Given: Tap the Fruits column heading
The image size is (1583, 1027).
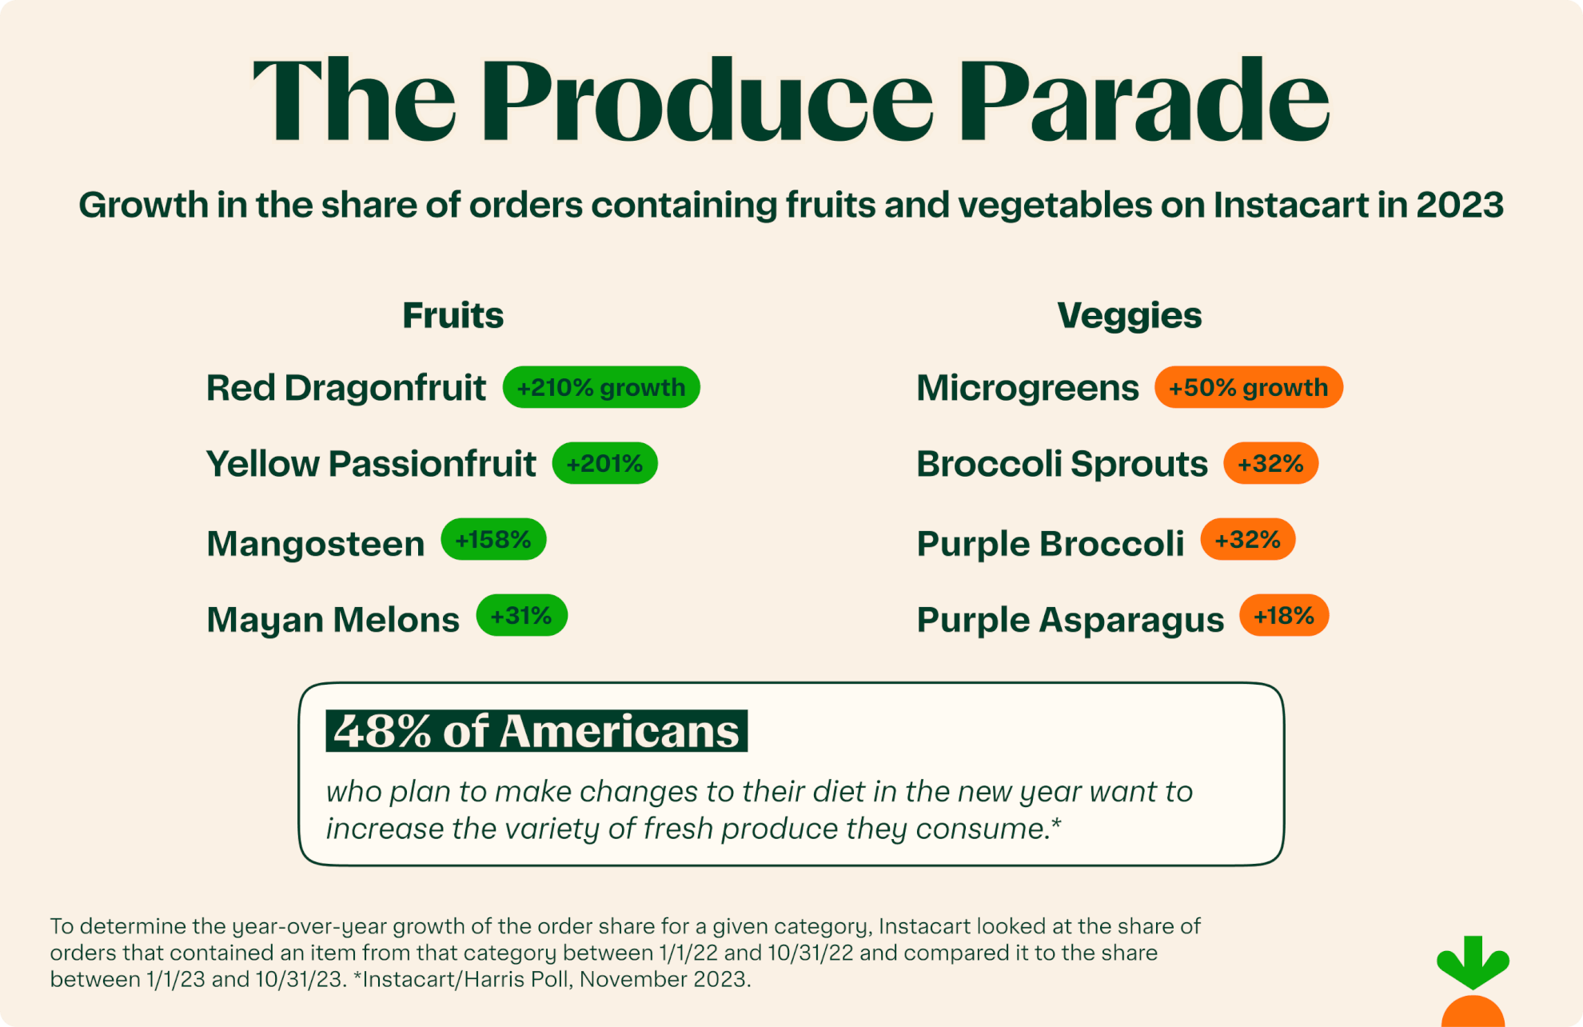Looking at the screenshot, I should [x=453, y=315].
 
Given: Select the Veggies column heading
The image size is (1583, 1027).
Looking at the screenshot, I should [x=1129, y=315].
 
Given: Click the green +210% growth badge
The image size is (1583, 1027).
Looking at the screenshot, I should [x=601, y=387].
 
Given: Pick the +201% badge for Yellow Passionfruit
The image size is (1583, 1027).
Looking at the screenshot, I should [x=604, y=463].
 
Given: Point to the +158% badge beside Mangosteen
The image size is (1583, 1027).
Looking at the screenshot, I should [x=493, y=540].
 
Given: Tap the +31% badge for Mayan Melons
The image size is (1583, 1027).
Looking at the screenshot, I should [x=521, y=616].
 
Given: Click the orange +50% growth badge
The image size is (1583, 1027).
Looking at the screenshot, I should [x=1248, y=387].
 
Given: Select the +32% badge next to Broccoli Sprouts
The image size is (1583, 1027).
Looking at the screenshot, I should [x=1270, y=463].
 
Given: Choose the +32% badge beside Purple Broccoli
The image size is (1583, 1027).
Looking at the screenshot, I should [x=1247, y=540].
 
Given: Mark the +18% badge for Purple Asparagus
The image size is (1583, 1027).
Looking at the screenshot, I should [x=1284, y=616].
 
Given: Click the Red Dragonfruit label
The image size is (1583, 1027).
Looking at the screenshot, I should [x=345, y=388].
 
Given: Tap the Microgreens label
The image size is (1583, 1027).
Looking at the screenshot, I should [x=1027, y=388].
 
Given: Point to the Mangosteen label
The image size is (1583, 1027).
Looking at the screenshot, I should [x=315, y=544].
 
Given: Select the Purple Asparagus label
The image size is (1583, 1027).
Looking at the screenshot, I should [x=1070, y=620].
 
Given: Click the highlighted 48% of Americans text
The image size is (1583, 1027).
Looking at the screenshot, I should [x=536, y=731].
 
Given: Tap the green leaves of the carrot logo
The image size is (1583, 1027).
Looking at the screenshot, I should [x=1473, y=962].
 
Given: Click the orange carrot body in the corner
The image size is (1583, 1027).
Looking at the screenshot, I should [x=1473, y=1013].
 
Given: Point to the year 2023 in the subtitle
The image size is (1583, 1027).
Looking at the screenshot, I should [x=1460, y=205].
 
